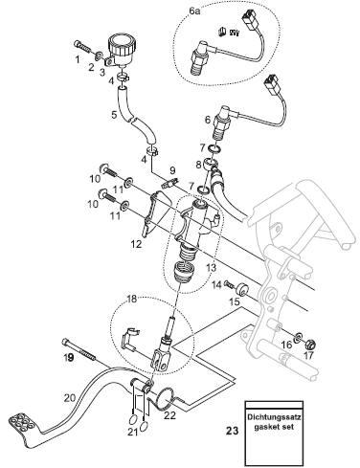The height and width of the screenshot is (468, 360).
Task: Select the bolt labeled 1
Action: point(82,47)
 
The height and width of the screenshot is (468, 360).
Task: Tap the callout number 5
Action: point(114,114)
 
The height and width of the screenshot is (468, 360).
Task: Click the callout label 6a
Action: point(194,11)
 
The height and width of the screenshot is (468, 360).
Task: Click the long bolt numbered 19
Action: point(79,349)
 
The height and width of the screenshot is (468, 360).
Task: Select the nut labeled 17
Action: point(311,344)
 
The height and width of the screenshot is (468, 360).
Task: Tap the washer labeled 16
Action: point(299,337)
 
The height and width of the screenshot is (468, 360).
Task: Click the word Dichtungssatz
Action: point(275,417)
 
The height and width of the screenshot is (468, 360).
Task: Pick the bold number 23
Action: point(232,431)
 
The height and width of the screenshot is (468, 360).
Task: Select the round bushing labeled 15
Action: point(241,289)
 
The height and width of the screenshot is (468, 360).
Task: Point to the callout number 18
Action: point(131,299)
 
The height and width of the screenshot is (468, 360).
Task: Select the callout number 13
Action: point(211,267)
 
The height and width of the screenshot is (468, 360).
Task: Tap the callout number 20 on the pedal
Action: point(69,398)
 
